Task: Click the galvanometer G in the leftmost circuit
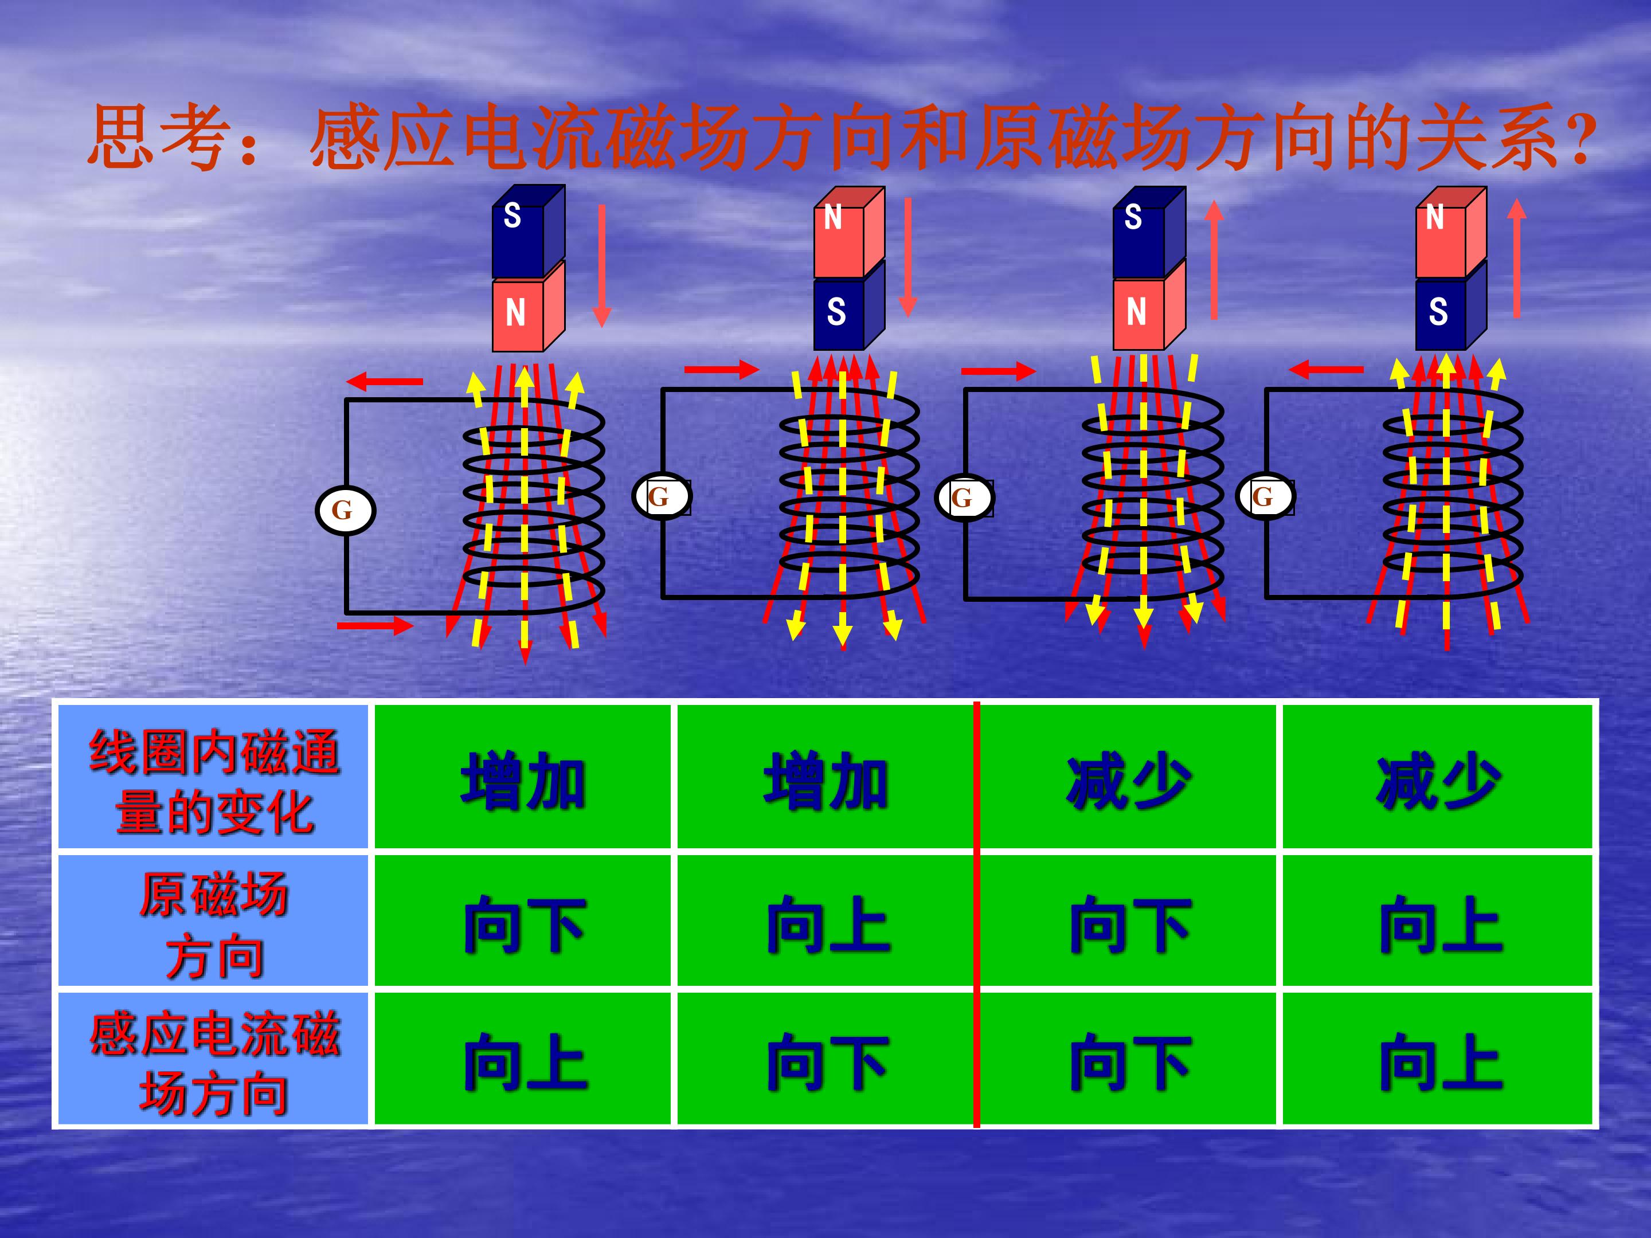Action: [345, 511]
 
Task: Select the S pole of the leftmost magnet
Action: [529, 232]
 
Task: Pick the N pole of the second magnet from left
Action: [848, 232]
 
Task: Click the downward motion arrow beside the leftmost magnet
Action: [601, 267]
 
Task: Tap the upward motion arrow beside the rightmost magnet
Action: [1516, 257]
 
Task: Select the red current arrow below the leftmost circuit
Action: [375, 625]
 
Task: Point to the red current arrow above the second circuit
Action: [722, 369]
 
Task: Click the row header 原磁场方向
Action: [213, 924]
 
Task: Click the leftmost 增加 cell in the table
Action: [522, 777]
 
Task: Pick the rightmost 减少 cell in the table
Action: [1438, 777]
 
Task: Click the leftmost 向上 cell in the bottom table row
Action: [522, 1060]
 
